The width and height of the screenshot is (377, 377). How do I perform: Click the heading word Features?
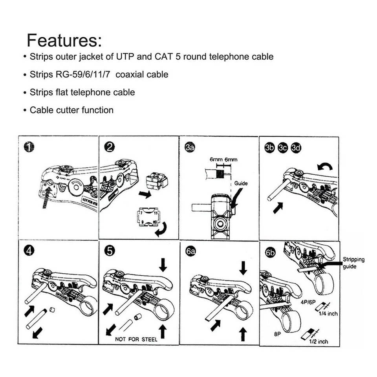pos(64,40)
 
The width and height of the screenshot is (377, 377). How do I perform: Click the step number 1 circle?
pos(29,147)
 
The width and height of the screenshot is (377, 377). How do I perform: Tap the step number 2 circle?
pos(110,147)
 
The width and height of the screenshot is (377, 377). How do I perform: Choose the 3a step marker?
pos(190,147)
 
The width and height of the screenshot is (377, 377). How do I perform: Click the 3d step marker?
pos(295,147)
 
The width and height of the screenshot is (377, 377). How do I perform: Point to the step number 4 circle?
pos(29,250)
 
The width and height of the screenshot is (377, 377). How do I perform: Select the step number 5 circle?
pos(110,250)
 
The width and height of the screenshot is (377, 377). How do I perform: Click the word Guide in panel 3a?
pos(241,183)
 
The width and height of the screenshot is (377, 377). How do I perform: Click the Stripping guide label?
pos(353,263)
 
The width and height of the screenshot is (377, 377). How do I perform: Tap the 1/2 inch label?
pos(318,342)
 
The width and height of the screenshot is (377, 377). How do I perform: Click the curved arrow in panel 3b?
pos(325,167)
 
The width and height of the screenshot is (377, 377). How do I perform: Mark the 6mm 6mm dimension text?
pos(223,160)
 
